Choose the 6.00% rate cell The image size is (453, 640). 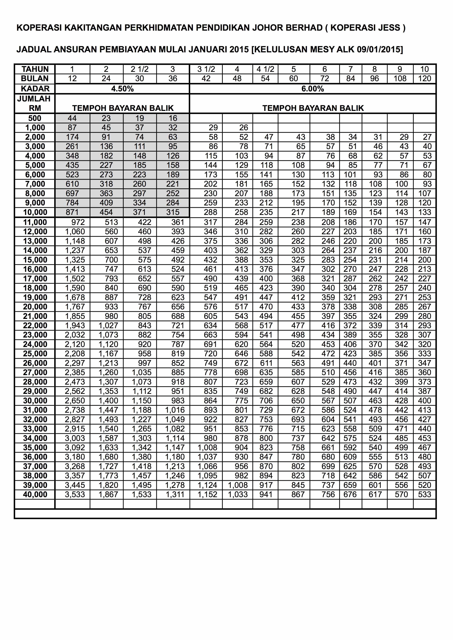313,89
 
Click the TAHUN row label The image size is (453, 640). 35,69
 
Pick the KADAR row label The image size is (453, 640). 35,89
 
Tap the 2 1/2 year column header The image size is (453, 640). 140,69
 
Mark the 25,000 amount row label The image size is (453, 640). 35,354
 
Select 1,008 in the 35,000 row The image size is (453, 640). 207,448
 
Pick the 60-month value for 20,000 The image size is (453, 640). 298,307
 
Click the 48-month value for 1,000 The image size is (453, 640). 243,128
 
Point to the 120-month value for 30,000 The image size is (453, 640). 424,401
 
